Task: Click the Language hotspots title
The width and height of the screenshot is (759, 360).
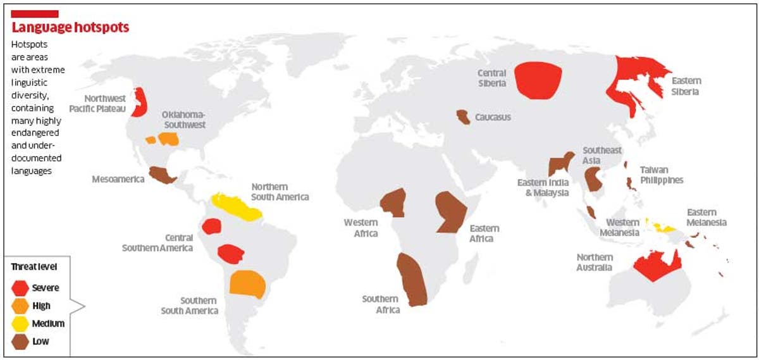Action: click(x=71, y=27)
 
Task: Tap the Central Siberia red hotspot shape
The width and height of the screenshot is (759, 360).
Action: click(x=538, y=80)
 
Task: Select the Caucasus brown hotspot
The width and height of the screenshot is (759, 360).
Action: click(x=464, y=117)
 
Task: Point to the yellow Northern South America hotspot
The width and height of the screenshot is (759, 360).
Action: click(x=235, y=206)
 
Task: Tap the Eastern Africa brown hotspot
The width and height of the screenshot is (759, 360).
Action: click(x=451, y=211)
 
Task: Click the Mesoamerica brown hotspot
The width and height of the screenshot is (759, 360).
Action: click(x=162, y=175)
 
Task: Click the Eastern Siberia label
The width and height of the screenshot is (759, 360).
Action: click(x=686, y=86)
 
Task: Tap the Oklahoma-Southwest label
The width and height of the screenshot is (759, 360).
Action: click(x=183, y=120)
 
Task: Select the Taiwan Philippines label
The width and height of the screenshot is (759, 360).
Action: click(x=661, y=175)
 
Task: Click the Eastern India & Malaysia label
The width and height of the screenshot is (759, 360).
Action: click(x=543, y=187)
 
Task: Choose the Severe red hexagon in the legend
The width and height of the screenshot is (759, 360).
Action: click(x=20, y=288)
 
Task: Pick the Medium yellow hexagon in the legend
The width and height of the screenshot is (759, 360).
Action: click(x=20, y=323)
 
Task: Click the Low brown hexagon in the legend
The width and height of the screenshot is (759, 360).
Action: click(x=20, y=342)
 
